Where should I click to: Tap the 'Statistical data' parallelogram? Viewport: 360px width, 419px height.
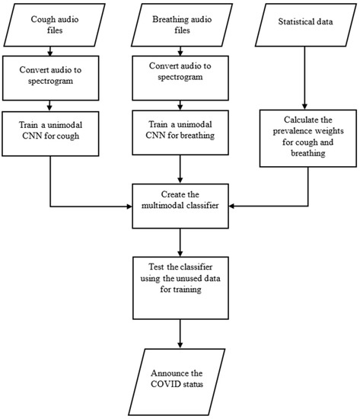click(304, 24)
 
